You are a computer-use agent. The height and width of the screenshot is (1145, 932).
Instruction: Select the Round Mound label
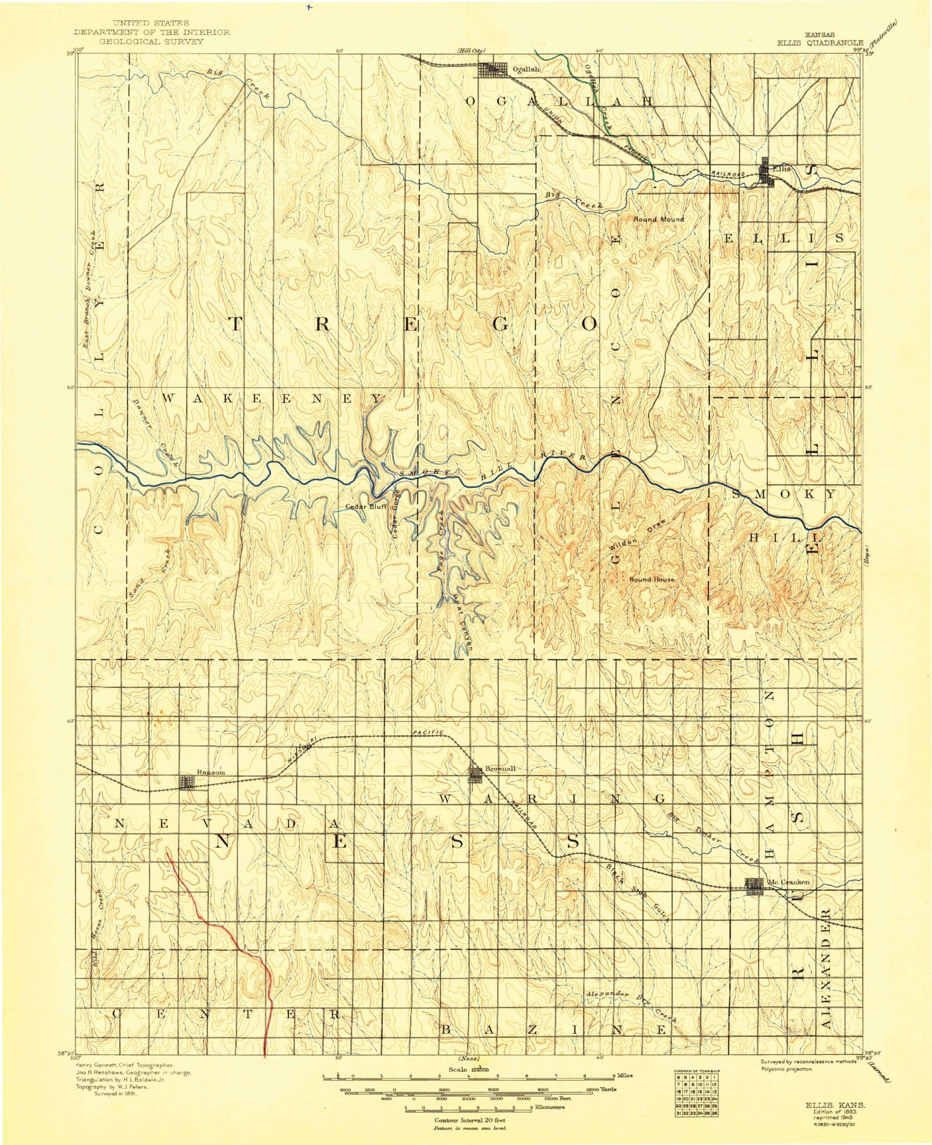[x=659, y=219]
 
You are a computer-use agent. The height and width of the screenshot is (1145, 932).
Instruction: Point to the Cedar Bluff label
[x=367, y=506]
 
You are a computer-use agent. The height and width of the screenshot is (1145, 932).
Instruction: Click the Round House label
[x=651, y=579]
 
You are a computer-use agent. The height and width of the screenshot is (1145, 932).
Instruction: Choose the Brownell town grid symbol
[x=475, y=774]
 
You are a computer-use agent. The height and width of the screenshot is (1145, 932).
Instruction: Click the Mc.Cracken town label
[x=788, y=882]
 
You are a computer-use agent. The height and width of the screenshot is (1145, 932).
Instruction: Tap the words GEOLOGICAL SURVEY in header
[x=152, y=42]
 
